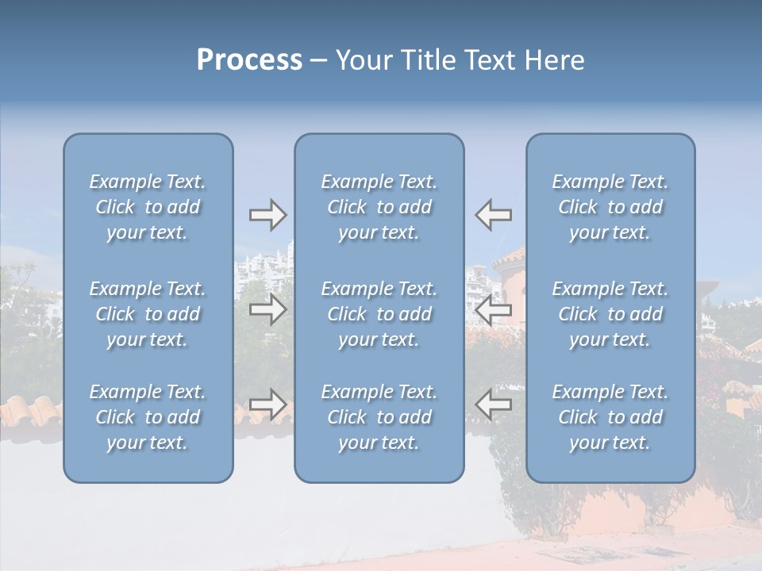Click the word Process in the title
pyautogui.click(x=249, y=59)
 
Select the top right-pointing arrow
pyautogui.click(x=267, y=215)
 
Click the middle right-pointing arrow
pyautogui.click(x=267, y=310)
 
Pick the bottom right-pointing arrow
pyautogui.click(x=267, y=404)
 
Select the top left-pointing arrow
pyautogui.click(x=494, y=215)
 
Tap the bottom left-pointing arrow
pyautogui.click(x=494, y=404)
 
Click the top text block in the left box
pyautogui.click(x=148, y=207)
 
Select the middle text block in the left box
pyautogui.click(x=148, y=314)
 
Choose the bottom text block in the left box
pyautogui.click(x=148, y=417)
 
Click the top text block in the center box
pyautogui.click(x=379, y=207)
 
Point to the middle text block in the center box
pyautogui.click(x=379, y=314)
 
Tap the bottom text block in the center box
pyautogui.click(x=379, y=417)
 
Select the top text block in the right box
pyautogui.click(x=610, y=207)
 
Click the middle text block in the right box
pyautogui.click(x=610, y=314)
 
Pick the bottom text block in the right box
pyautogui.click(x=610, y=417)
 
